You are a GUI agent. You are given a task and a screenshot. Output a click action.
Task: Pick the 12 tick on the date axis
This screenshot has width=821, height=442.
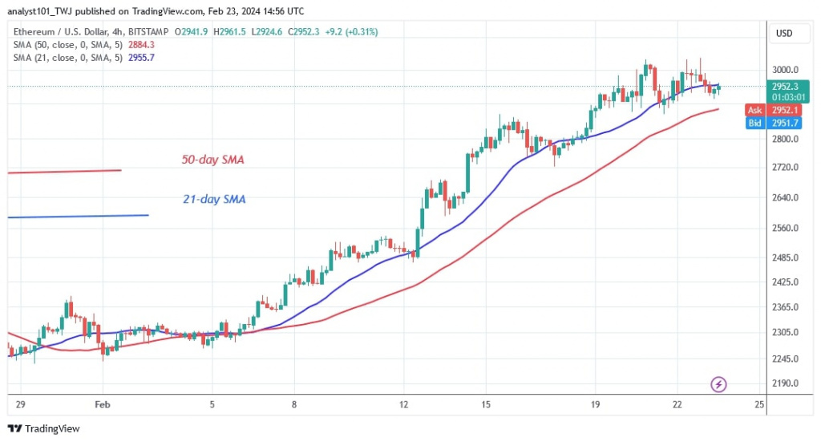coord(404,406)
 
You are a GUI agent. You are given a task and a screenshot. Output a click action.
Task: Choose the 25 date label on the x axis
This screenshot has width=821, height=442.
coord(758,406)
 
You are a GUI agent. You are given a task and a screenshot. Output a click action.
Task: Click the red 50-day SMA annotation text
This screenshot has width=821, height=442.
coord(212,160)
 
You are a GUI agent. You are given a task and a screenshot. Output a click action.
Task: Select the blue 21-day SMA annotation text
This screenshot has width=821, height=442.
coord(212,198)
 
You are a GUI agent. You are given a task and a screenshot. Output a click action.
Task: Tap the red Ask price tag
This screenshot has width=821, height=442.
coord(755,110)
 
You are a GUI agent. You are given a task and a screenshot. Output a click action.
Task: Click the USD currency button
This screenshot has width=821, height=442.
coord(783,34)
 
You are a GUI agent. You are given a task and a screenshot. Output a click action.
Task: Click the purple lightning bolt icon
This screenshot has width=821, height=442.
coord(719,385)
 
